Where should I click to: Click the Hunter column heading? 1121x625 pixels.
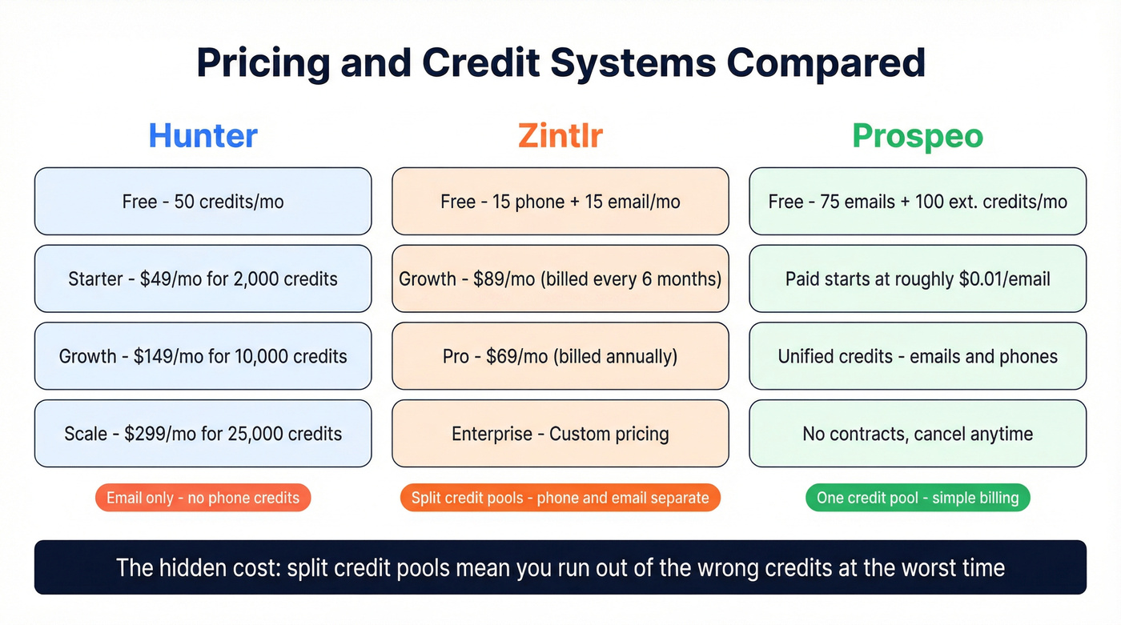point(203,135)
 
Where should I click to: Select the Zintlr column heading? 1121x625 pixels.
point(560,135)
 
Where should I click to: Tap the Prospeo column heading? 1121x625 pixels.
point(918,135)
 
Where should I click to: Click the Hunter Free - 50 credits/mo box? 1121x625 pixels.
point(203,201)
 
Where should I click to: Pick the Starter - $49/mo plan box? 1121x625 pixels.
point(203,278)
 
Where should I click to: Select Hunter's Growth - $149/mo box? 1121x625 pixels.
point(203,356)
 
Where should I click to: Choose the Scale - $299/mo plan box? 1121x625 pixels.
point(203,434)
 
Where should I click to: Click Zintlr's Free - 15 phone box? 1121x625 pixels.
point(560,201)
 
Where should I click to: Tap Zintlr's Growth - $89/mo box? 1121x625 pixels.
point(560,278)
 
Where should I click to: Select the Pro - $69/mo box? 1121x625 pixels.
point(560,356)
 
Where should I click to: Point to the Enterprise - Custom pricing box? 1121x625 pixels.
point(560,434)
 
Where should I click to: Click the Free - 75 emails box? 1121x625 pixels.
point(918,201)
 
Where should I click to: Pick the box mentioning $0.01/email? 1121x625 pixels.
point(918,278)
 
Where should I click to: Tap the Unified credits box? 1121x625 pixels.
point(918,356)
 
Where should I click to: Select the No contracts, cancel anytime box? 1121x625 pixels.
point(918,434)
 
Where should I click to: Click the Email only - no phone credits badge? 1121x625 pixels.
point(203,498)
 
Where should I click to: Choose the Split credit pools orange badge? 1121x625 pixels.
point(560,498)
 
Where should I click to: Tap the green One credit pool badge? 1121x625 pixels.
point(918,498)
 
